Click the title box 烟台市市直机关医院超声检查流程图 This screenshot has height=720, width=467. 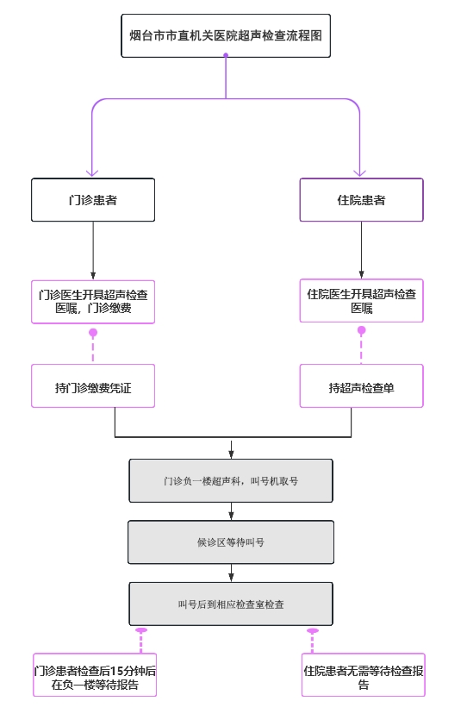[x=226, y=36]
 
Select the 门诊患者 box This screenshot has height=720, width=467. [x=93, y=200]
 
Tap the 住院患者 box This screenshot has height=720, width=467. [x=362, y=200]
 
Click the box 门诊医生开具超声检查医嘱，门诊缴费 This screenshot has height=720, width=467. [x=93, y=302]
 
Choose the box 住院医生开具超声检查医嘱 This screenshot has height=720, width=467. [x=362, y=300]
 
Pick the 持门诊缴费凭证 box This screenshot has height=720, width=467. [x=93, y=385]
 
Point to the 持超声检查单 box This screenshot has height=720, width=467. [x=362, y=385]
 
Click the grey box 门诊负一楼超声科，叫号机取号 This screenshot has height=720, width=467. [x=231, y=481]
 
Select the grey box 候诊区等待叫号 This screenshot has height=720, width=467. [x=231, y=542]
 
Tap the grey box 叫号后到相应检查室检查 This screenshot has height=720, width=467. [x=231, y=604]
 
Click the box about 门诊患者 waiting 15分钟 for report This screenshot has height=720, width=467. [x=95, y=675]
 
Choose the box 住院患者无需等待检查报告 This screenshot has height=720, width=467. [x=364, y=675]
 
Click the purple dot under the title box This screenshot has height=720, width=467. [x=226, y=55]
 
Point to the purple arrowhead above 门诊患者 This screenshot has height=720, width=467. [x=92, y=173]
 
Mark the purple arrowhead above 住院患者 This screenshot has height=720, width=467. [x=360, y=173]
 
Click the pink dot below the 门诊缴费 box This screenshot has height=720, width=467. [x=93, y=332]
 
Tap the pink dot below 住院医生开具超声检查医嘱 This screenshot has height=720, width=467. [x=362, y=330]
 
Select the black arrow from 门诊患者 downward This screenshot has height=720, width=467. [x=93, y=250]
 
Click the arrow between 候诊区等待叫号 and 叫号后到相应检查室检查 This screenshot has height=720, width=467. [x=231, y=573]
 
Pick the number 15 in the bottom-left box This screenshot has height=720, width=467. [x=116, y=671]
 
